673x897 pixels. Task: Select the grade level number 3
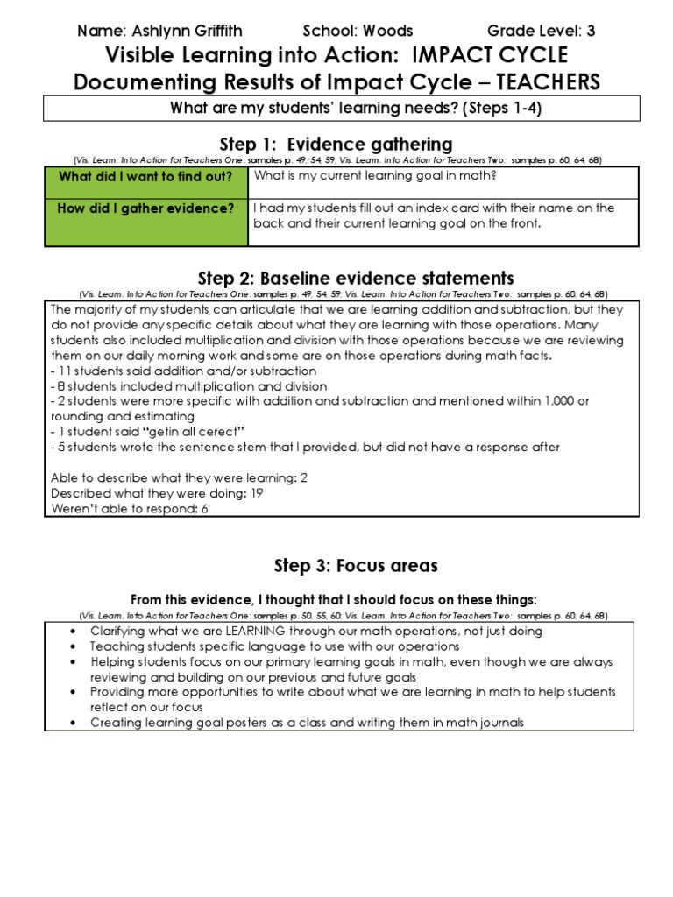[x=591, y=31]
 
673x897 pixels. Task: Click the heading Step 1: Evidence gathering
[x=336, y=144]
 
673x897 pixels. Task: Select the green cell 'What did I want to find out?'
[x=145, y=178]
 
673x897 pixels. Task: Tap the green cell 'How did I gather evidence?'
[x=145, y=208]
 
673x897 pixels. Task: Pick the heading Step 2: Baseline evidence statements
[x=336, y=279]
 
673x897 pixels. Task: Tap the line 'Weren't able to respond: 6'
[x=130, y=508]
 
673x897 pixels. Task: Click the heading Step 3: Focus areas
[x=336, y=566]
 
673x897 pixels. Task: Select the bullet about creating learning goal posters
[x=307, y=723]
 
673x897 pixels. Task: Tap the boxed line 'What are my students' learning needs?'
[x=336, y=109]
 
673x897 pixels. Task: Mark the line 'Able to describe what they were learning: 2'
[x=180, y=477]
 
